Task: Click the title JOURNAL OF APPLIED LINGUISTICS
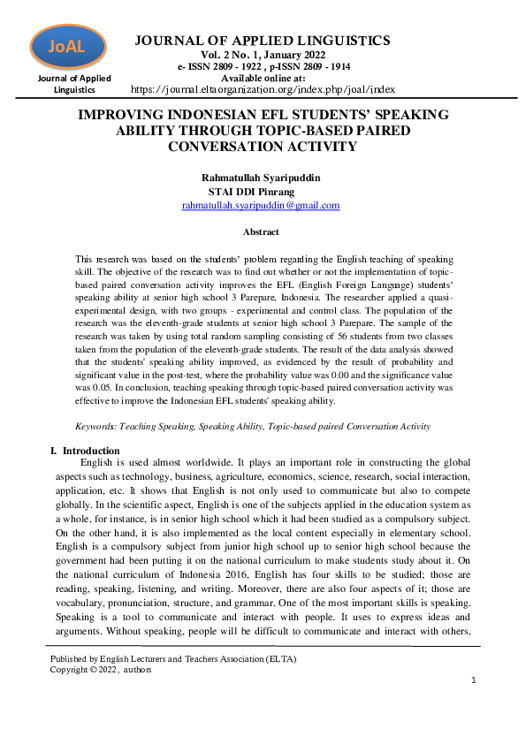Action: click(x=262, y=41)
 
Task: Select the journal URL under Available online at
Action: click(x=263, y=89)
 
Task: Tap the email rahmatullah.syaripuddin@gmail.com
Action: click(x=261, y=205)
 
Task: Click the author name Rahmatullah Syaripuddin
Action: click(x=261, y=177)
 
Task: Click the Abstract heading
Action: click(x=261, y=232)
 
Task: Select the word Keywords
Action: click(x=97, y=426)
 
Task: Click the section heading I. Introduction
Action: click(x=84, y=451)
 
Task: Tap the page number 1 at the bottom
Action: click(x=473, y=679)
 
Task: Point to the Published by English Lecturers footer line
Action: click(x=173, y=658)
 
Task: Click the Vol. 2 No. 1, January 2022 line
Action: click(x=262, y=55)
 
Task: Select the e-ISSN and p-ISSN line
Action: click(x=262, y=66)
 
